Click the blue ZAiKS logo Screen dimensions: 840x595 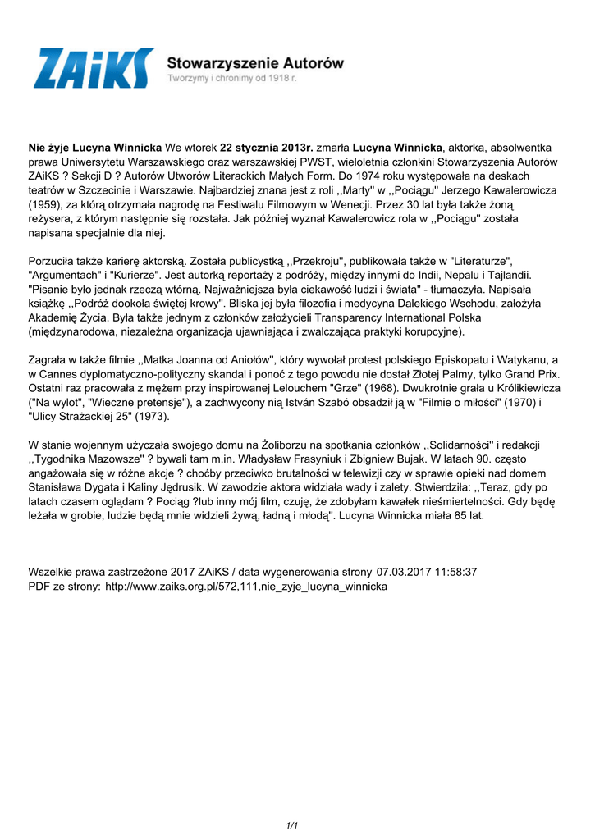(x=93, y=68)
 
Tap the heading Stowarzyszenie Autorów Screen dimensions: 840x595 (x=255, y=62)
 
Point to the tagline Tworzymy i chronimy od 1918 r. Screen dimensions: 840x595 (x=232, y=78)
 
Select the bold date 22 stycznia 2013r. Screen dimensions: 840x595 (x=268, y=148)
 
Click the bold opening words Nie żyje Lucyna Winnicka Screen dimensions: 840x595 (x=95, y=148)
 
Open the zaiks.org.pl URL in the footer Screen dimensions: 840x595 (x=246, y=587)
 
